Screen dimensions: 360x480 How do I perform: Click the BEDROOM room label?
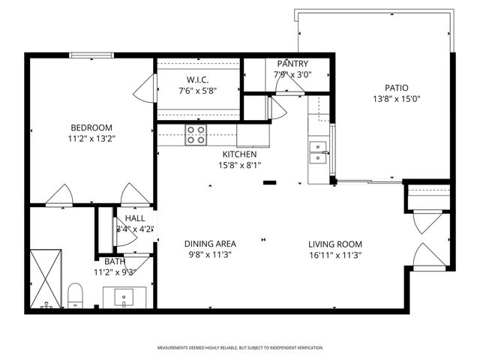91,127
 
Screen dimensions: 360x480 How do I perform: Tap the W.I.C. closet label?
198,80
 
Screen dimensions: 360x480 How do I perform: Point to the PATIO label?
397,87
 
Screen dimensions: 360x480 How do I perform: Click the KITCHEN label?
239,154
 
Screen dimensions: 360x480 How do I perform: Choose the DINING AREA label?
211,244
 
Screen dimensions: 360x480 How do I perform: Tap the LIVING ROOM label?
335,244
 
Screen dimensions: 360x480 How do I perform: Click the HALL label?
135,218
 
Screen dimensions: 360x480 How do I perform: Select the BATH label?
115,262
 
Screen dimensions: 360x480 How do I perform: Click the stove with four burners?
196,134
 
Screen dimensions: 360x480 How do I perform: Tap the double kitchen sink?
319,152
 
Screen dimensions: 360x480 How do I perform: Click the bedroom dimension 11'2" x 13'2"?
91,138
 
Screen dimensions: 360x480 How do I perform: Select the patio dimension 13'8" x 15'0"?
397,98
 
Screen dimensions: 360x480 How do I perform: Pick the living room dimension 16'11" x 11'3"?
335,254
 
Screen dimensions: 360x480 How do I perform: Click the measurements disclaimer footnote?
240,348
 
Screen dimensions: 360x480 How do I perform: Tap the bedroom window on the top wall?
91,55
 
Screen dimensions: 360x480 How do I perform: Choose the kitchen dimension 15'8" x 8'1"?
239,165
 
